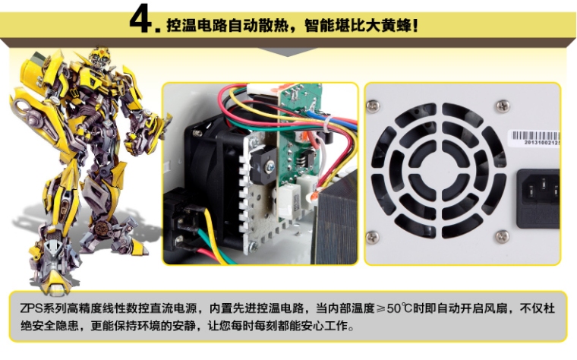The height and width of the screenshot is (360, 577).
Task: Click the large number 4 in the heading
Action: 140,19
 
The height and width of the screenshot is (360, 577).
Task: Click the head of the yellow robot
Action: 98,58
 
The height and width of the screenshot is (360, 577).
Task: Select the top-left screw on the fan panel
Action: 373,106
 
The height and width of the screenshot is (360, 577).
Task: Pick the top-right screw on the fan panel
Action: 503,106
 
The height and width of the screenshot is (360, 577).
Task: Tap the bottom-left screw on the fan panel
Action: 373,237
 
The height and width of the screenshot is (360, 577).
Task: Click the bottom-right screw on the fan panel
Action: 503,237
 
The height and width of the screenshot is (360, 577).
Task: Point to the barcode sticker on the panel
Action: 534,138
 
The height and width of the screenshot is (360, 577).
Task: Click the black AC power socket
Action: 538,199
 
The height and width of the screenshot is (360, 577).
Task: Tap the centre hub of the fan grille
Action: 438,171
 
